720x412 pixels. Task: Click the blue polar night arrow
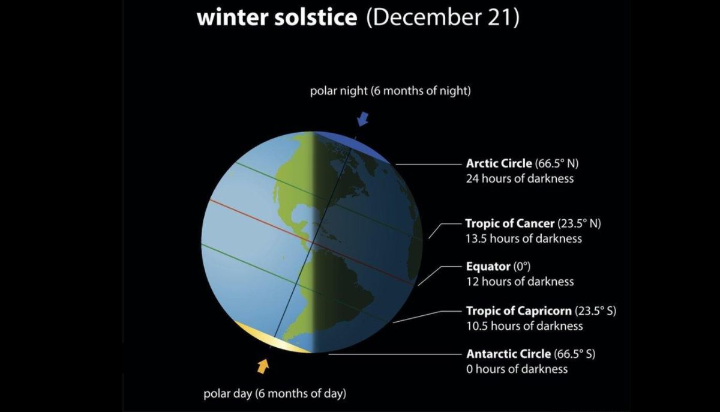coord(362,119)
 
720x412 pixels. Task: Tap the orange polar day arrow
coord(263,366)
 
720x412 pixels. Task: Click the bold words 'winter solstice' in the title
coord(277,17)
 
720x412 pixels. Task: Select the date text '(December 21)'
coord(443,17)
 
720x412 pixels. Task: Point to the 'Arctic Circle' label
coord(499,163)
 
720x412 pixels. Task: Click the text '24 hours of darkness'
coord(520,178)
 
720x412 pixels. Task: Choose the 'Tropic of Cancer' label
coord(510,223)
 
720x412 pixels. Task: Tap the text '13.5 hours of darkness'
coord(524,238)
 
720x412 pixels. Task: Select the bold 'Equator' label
coord(488,266)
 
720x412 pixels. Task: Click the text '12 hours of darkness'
coord(520,282)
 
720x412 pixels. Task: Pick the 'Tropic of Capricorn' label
coord(519,311)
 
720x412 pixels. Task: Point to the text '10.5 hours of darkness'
coord(524,326)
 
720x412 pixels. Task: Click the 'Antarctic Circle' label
coord(509,354)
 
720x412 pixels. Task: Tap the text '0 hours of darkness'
coord(517,369)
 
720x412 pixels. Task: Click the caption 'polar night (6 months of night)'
coord(390,91)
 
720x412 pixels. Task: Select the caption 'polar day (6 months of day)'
coord(275,393)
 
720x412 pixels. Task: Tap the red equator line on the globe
coord(311,242)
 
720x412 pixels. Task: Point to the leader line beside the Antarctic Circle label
coord(395,354)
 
